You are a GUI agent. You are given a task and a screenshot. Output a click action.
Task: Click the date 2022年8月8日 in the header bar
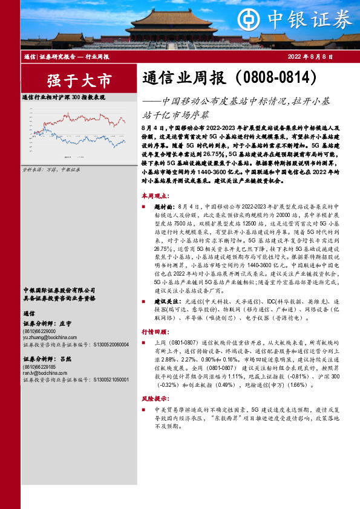pyautogui.click(x=310, y=56)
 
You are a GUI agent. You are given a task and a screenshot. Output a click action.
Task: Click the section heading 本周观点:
pyautogui.click(x=155, y=196)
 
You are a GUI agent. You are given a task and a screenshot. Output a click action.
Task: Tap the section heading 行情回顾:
pyautogui.click(x=155, y=332)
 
